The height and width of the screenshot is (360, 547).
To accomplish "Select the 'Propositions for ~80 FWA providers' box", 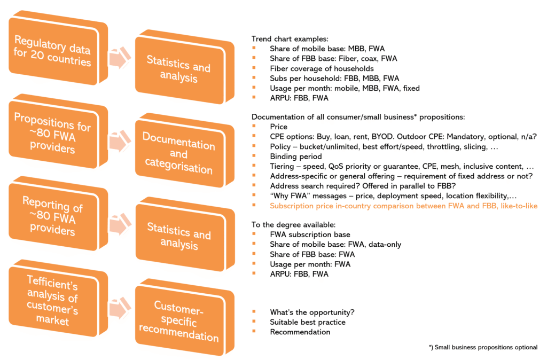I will (x=53, y=133).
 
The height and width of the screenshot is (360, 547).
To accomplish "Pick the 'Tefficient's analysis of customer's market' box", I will (x=53, y=299).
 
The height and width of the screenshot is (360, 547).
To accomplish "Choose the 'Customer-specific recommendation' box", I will (x=179, y=320).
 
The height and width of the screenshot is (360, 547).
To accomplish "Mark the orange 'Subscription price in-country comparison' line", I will (x=403, y=206).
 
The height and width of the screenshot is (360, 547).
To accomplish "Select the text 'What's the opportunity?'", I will (x=312, y=312).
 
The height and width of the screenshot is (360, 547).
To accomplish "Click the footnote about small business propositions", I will (x=483, y=347).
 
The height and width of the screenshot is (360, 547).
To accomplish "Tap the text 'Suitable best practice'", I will (x=308, y=322).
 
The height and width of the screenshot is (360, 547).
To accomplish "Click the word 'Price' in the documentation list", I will (x=279, y=127).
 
